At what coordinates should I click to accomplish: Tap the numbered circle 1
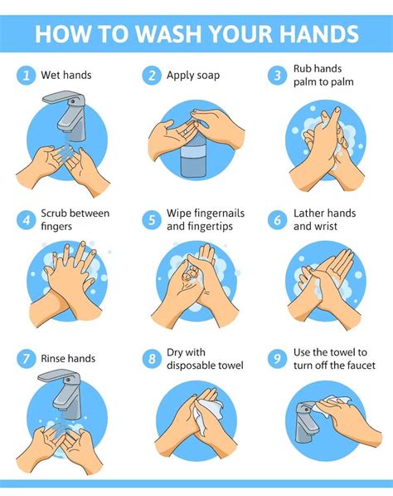pos(27,76)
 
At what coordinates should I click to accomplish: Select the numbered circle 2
pos(152,76)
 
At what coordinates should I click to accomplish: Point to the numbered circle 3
pos(278,76)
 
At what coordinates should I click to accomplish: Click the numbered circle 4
pos(27,219)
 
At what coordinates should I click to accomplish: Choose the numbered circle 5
pos(152,219)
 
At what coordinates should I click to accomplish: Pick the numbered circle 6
pos(278,219)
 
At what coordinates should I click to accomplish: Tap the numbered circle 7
pos(27,359)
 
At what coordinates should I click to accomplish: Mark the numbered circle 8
pos(152,359)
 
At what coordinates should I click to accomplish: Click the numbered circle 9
pos(278,359)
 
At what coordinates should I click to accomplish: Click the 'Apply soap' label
pos(193,76)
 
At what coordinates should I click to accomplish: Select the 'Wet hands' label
pos(66,76)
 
